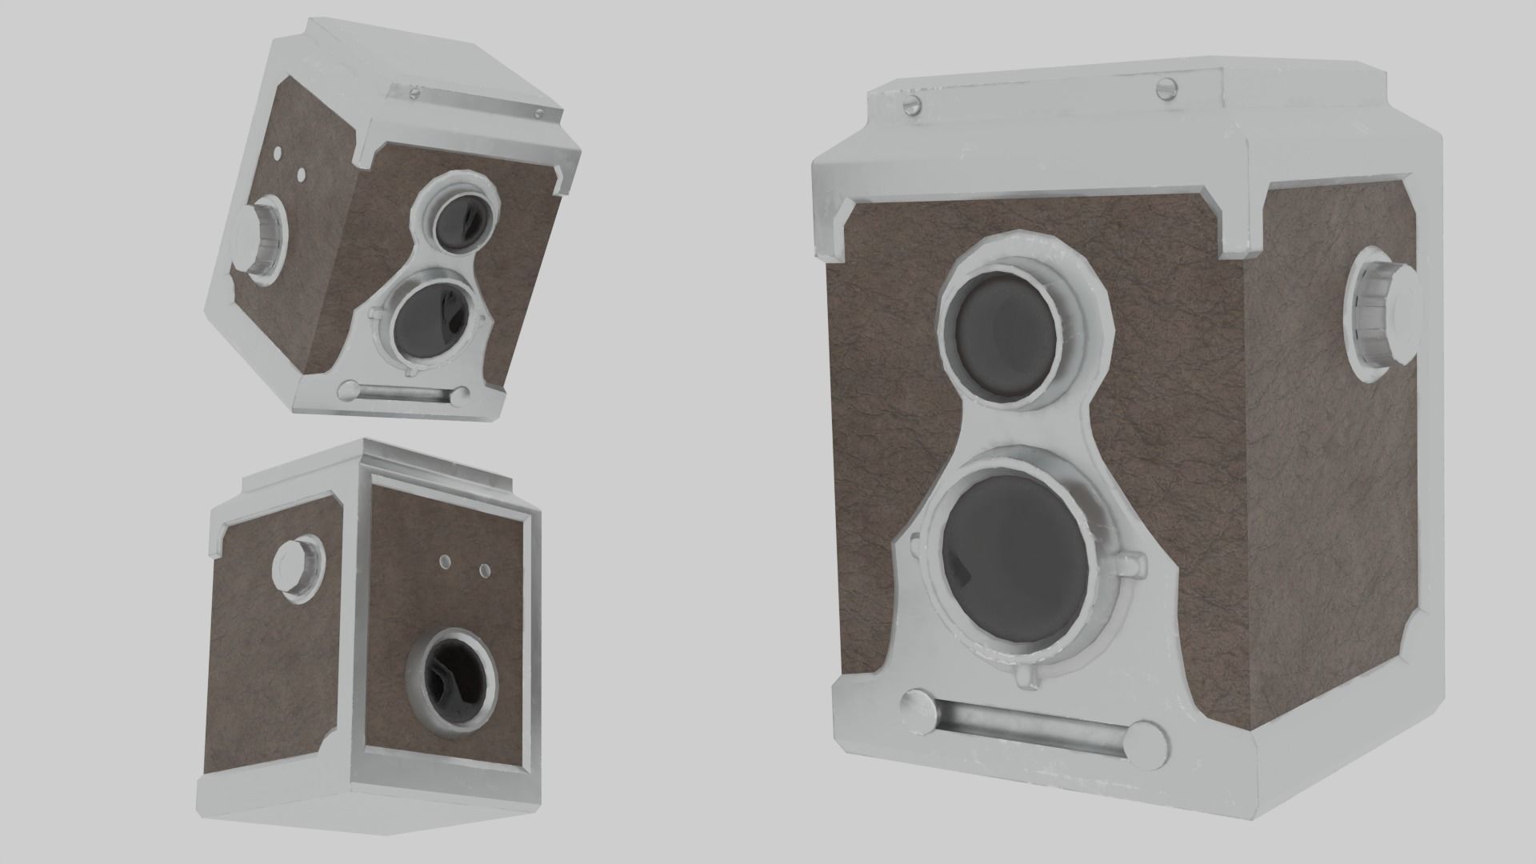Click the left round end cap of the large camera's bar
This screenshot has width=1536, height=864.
tap(914, 709)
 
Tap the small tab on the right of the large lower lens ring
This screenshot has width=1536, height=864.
tap(1134, 565)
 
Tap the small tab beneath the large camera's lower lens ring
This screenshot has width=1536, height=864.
tap(1025, 679)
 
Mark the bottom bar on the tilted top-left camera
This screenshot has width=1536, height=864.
tap(404, 394)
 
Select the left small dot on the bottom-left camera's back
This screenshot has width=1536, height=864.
tap(446, 562)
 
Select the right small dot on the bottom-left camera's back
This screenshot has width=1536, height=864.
tap(484, 570)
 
